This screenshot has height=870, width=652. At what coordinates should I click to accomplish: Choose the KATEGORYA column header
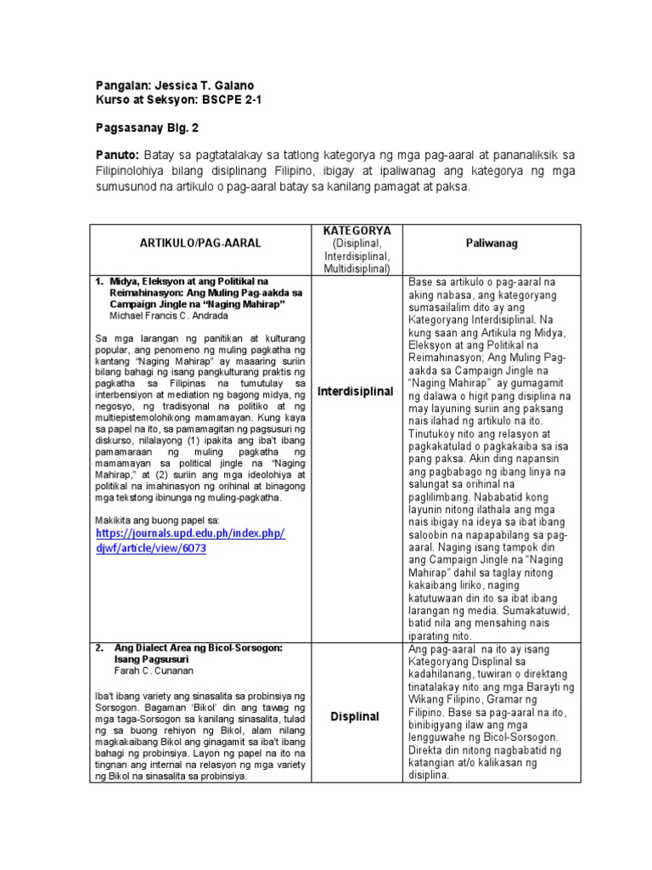pos(356,230)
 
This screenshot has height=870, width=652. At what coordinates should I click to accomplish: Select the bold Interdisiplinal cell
pos(356,392)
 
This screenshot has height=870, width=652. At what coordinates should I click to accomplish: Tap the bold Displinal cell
pos(356,717)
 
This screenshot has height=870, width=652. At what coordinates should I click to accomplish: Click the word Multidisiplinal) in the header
pos(356,269)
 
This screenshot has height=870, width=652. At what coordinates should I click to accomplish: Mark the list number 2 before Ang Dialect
pos(98,647)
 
